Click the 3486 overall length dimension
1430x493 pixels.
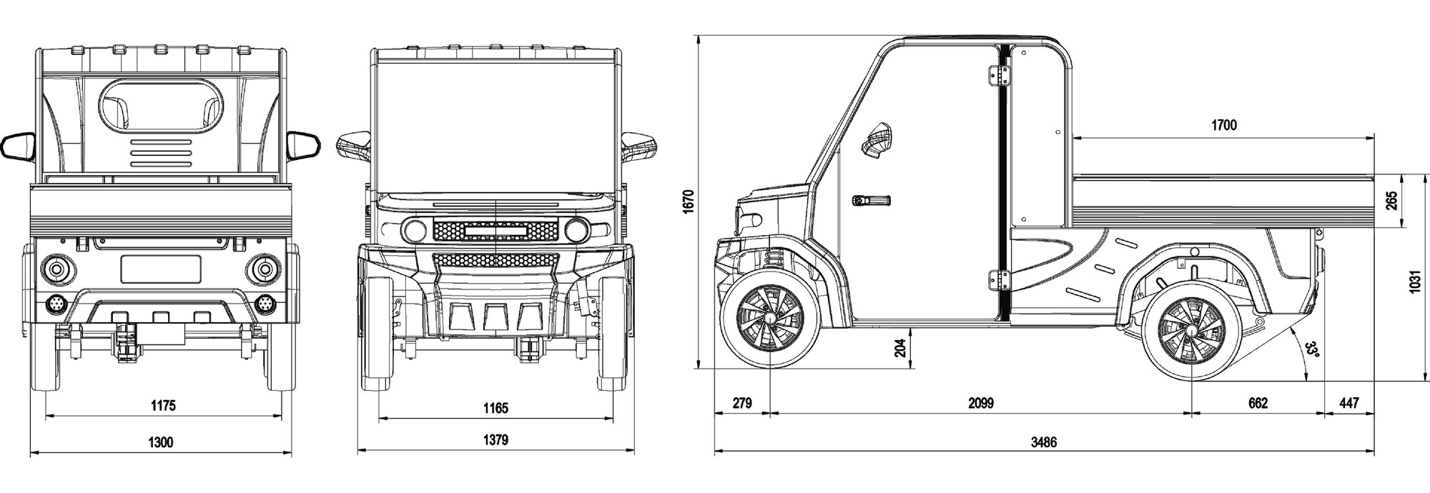point(1043,442)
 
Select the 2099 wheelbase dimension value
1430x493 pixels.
point(981,403)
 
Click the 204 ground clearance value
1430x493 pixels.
point(899,347)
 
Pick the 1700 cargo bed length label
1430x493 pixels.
point(1223,126)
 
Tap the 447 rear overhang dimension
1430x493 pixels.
point(1348,403)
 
